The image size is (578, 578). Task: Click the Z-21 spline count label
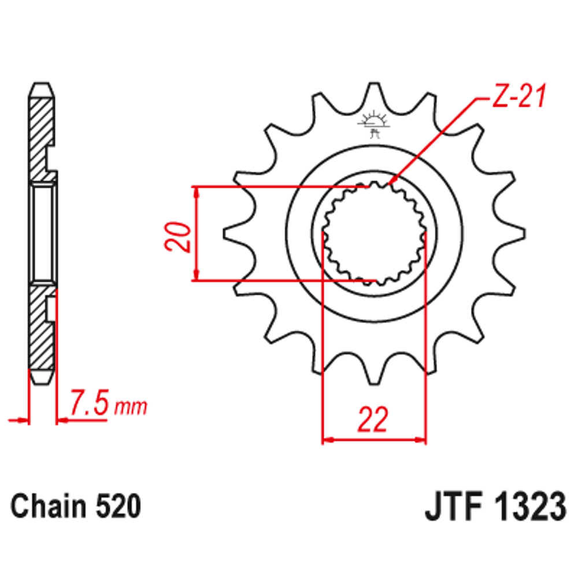(518, 96)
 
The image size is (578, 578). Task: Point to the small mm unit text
(131, 407)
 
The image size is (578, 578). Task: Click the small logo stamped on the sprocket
(374, 124)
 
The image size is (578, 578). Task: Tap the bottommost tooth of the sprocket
(374, 372)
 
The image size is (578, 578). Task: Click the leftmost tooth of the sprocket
(236, 234)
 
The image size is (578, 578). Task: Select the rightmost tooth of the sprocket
(512, 234)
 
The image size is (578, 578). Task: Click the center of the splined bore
(374, 234)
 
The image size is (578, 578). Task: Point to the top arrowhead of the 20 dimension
(196, 193)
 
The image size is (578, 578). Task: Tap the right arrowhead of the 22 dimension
(420, 439)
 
